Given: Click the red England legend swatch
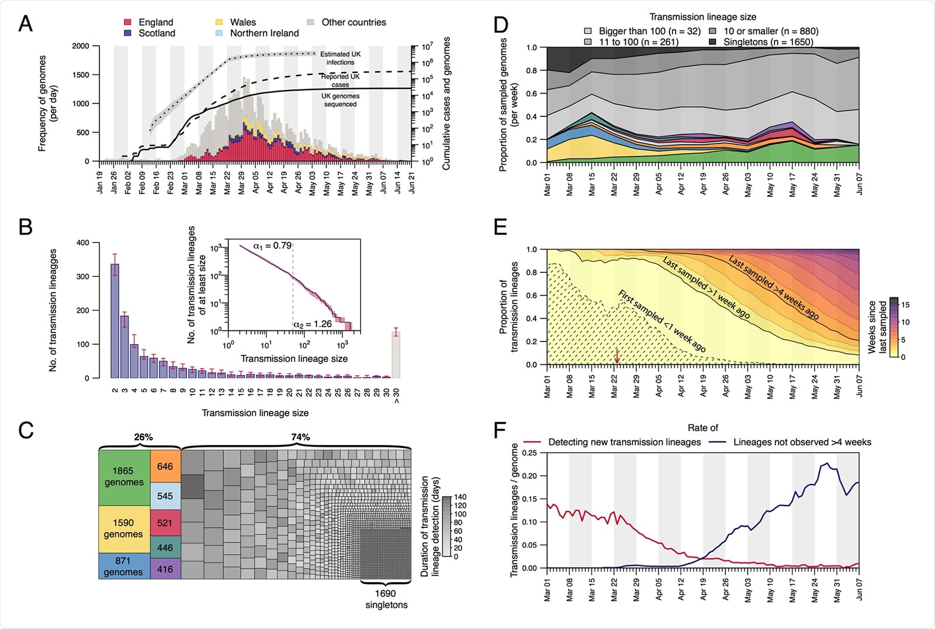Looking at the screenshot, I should [127, 22].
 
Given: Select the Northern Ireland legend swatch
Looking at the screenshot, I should [219, 33].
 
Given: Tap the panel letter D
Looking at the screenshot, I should [501, 25].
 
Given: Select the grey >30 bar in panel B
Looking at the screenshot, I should [396, 355].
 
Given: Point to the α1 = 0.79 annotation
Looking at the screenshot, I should [272, 246].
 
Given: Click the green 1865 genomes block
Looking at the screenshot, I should [124, 476].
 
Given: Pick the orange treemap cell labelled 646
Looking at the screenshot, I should [165, 466].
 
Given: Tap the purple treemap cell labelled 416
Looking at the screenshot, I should [165, 569].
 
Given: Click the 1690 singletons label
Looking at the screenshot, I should [386, 599].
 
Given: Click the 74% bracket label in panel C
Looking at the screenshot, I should [300, 437].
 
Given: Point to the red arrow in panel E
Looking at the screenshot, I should [617, 355].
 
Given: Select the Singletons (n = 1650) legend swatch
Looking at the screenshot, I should [713, 42].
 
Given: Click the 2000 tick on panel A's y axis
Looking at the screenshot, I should [81, 46].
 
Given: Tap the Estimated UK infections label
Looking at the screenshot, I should [340, 58].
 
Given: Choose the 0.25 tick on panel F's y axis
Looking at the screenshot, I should [529, 453].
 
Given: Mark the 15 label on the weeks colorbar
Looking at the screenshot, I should [905, 305].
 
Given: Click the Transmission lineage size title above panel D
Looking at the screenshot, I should [702, 17].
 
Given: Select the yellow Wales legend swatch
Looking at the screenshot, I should [219, 22].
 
